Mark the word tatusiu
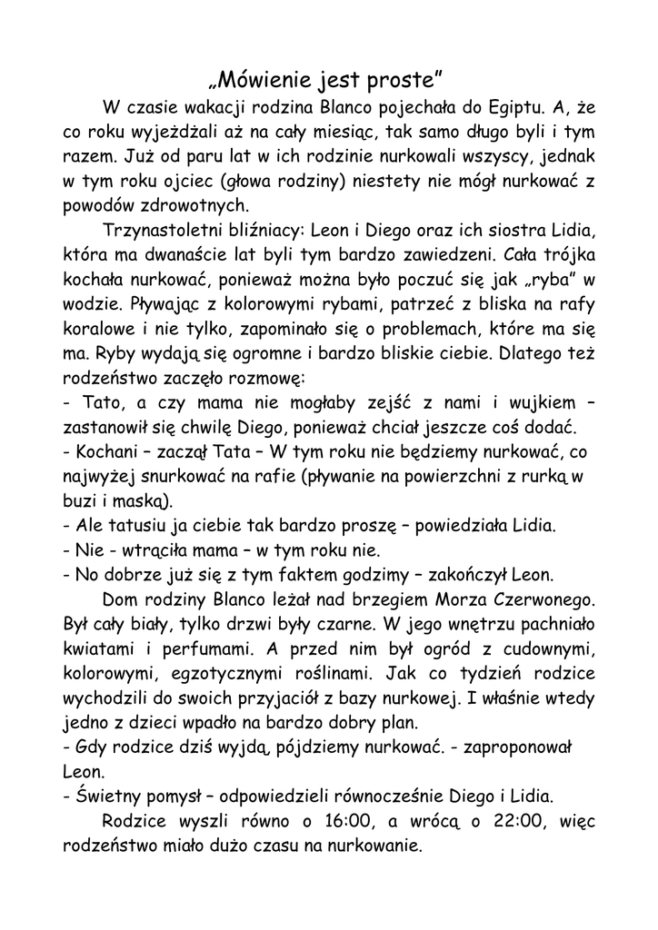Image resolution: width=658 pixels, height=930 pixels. point(137,526)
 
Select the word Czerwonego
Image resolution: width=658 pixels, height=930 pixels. point(541,600)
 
